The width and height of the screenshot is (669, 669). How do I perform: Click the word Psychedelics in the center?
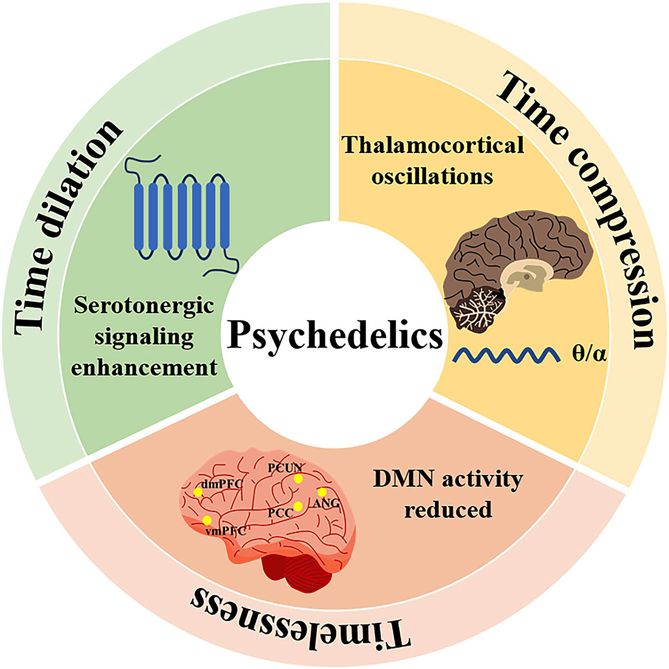[x=334, y=334]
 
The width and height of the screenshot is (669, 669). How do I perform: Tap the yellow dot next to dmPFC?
[x=198, y=492]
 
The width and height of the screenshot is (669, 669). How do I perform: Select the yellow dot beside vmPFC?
[x=207, y=520]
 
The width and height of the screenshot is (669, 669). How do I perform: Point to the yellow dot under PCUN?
[x=298, y=479]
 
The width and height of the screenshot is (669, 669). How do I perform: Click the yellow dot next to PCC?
[x=298, y=506]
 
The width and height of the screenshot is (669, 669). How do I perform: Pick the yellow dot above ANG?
[x=322, y=492]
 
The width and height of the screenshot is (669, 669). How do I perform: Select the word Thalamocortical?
[x=433, y=146]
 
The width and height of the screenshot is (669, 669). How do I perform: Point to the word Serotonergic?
[x=144, y=306]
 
